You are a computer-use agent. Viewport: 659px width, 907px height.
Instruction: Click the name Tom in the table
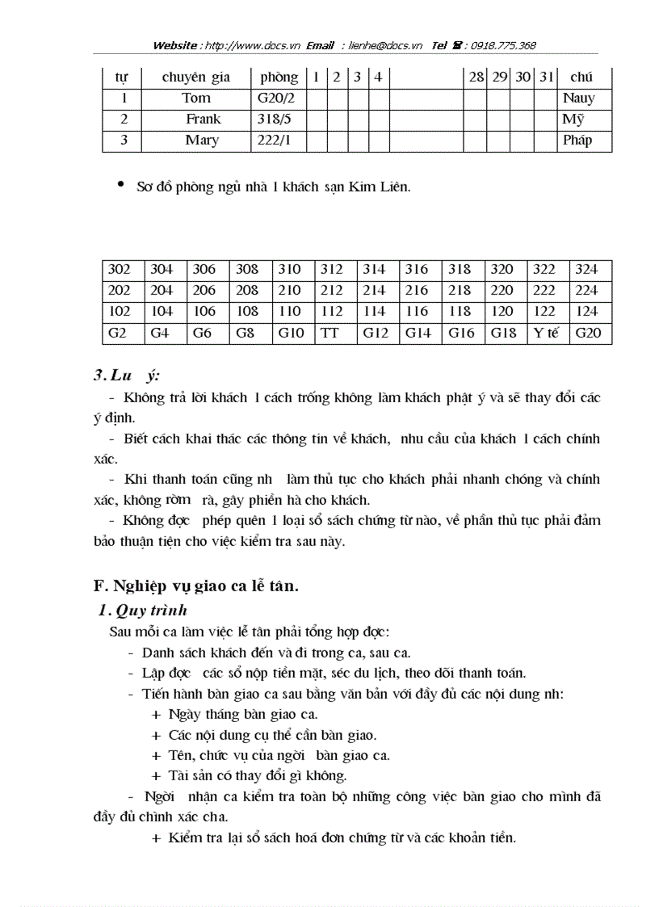click(196, 99)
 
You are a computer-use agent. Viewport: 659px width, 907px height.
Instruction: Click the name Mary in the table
click(202, 141)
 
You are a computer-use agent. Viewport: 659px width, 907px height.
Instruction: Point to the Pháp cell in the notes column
click(577, 141)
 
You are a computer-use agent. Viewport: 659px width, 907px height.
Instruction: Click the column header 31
click(547, 78)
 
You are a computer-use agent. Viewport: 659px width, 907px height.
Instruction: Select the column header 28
click(476, 78)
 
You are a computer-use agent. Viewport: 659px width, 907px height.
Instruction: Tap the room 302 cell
click(120, 270)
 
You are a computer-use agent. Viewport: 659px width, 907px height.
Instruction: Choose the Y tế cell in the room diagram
click(546, 333)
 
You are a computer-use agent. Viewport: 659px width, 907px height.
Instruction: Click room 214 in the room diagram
click(374, 291)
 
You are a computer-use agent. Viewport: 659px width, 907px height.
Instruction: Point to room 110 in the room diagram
click(288, 312)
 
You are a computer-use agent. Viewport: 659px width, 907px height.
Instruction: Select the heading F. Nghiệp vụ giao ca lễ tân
click(196, 587)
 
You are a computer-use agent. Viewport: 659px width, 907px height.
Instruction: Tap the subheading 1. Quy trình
click(142, 610)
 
